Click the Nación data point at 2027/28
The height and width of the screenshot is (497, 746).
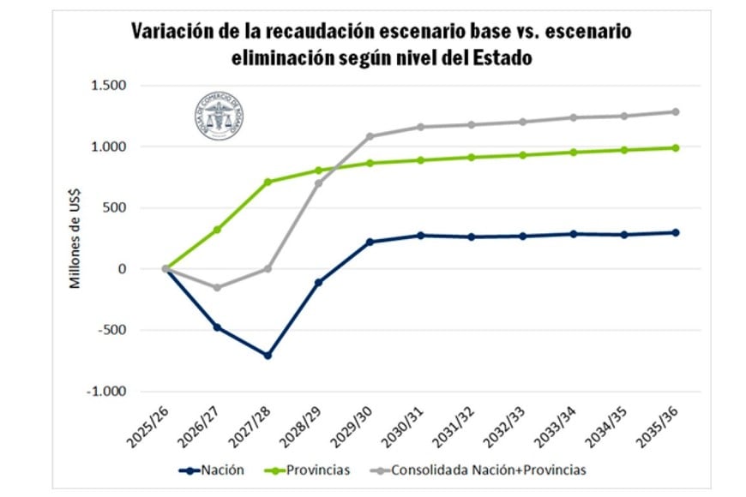coord(268,355)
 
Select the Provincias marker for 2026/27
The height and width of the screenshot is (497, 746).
coord(217,230)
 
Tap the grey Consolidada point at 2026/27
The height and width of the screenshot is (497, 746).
coord(217,287)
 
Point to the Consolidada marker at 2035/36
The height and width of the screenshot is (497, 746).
coord(676,111)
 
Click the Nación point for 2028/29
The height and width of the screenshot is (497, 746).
coord(319,282)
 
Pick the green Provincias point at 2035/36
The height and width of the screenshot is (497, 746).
coord(676,147)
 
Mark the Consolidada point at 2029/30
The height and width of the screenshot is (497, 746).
coord(370,136)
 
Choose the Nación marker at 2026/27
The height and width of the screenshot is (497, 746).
coord(217,327)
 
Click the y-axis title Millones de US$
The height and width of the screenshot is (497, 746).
coord(75,240)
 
